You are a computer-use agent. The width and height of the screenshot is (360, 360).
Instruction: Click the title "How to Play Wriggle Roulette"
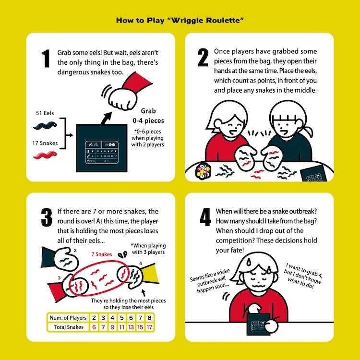pyautogui.click(x=180, y=21)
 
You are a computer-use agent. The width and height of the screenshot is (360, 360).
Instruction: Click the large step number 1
pyautogui.click(x=46, y=58)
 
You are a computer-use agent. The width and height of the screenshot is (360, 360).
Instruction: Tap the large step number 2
pyautogui.click(x=203, y=58)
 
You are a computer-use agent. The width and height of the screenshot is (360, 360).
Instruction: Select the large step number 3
pyautogui.click(x=46, y=217)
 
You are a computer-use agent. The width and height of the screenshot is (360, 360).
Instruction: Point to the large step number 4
pyautogui.click(x=205, y=217)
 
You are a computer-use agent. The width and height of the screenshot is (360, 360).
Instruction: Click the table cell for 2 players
pyautogui.click(x=95, y=318)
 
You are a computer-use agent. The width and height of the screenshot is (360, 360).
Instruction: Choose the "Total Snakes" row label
pyautogui.click(x=68, y=327)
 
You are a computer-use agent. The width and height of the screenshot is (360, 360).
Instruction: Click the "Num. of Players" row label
pyautogui.click(x=68, y=318)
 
